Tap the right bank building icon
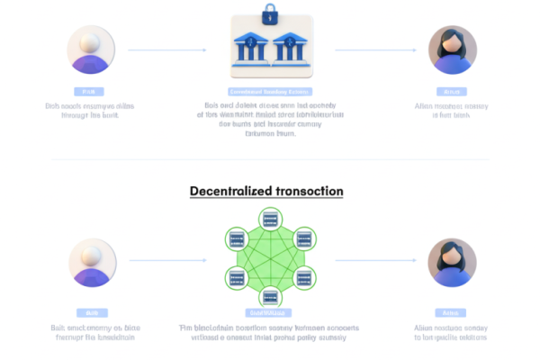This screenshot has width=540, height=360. click(292, 49)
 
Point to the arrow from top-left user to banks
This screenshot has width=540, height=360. click(167, 49)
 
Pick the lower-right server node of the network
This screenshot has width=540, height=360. click(304, 277)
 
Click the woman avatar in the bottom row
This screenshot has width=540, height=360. click(451, 262)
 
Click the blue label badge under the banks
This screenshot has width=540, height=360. click(270, 92)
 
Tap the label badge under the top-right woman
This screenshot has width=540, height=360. click(451, 92)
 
